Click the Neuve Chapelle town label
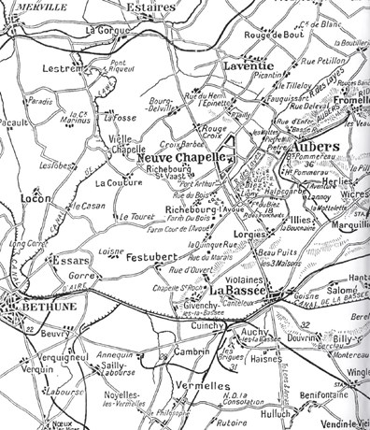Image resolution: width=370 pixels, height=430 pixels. [x=182, y=158]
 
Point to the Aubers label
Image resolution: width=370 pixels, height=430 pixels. [x=294, y=147]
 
